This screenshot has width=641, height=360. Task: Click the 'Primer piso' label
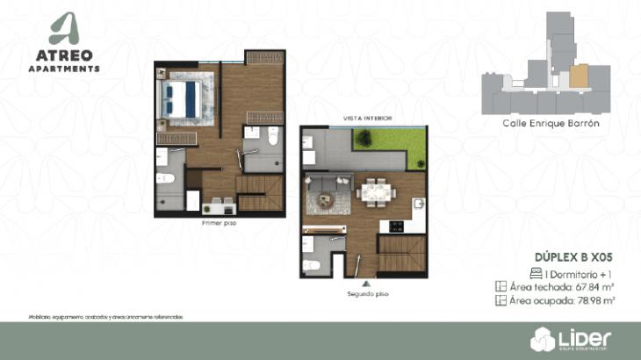click(x=219, y=223)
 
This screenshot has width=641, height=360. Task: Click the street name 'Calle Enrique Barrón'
click(x=551, y=124)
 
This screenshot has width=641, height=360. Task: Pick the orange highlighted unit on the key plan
click(x=578, y=76)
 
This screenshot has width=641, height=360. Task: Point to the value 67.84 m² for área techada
click(x=594, y=286)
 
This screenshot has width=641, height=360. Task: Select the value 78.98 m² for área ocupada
click(x=595, y=300)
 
